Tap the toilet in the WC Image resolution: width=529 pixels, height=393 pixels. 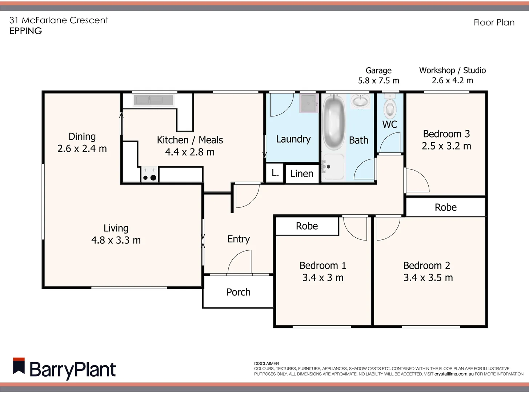coord(390,106)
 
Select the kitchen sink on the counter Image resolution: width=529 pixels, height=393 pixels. coord(153,100)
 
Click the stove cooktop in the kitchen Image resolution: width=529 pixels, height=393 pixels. coord(149,174)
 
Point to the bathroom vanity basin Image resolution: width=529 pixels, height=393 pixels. coord(360,101)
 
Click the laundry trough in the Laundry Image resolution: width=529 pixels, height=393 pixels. coord(309,103)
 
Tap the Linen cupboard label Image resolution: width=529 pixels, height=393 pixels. coord(302,174)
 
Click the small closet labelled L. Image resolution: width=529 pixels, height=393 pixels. coord(275,173)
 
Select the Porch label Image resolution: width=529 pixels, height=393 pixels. coord(238,292)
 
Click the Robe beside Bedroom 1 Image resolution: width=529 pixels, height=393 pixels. coord(307,226)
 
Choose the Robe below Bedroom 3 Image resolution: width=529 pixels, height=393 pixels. coord(445,207)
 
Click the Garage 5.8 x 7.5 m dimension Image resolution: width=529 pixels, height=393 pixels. coord(378,81)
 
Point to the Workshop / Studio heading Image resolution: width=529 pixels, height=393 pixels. coord(452,70)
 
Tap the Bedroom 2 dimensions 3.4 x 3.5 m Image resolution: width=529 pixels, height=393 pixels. coord(428,278)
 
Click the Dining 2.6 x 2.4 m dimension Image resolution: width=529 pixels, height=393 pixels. coord(82,148)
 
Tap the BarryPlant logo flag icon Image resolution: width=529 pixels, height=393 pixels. coord(19,366)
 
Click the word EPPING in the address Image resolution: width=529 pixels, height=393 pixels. coord(25,31)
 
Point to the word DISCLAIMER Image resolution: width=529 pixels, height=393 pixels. coord(266,364)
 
